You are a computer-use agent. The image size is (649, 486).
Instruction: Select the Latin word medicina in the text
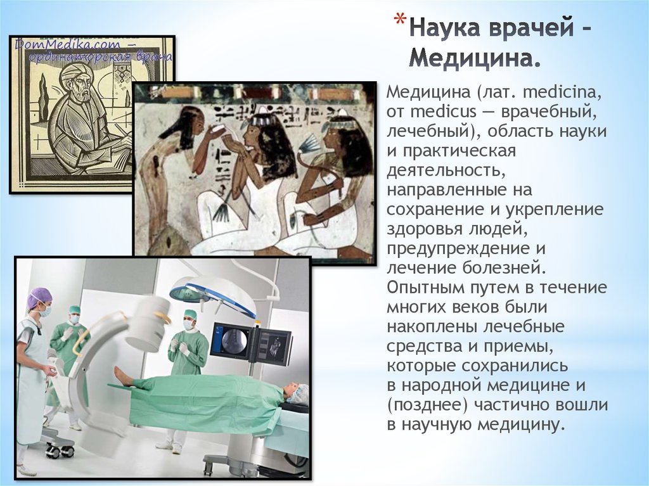tap(560, 94)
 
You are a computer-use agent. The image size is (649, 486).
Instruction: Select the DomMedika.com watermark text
tap(57, 44)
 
